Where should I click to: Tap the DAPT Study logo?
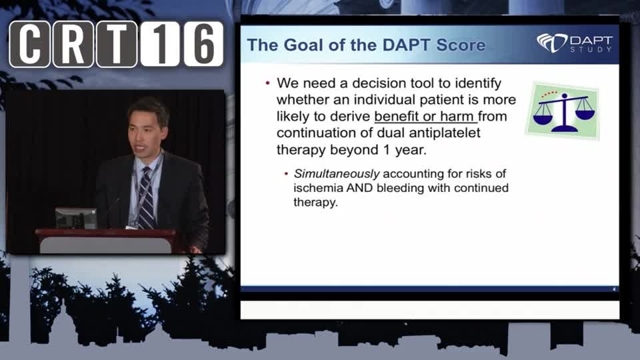(x=575, y=43)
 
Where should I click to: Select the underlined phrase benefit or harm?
(x=424, y=117)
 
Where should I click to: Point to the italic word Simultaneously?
(x=337, y=174)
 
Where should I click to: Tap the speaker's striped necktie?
(x=146, y=197)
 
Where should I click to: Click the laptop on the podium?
(x=76, y=219)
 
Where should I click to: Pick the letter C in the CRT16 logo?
(x=29, y=44)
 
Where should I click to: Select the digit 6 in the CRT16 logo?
(x=203, y=44)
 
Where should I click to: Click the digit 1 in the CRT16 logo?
(x=160, y=44)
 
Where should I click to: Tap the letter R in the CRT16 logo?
(x=73, y=44)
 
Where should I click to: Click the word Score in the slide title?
(x=461, y=45)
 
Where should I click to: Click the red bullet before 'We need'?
(x=268, y=83)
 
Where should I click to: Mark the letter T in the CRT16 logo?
(x=117, y=44)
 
